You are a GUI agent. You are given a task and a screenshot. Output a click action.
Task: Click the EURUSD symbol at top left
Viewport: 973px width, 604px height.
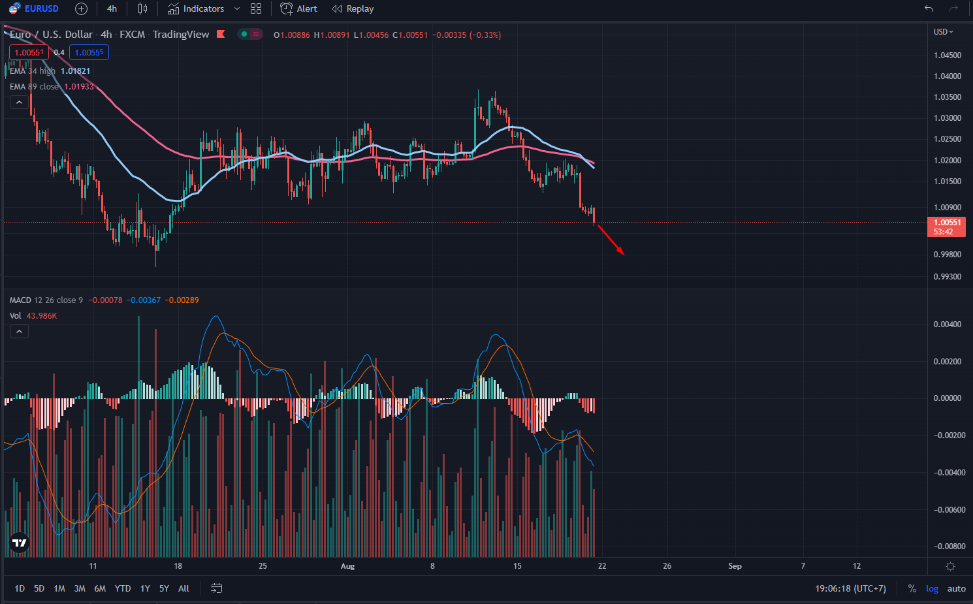coord(41,8)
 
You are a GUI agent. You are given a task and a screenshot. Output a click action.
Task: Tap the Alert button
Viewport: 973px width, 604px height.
coord(299,8)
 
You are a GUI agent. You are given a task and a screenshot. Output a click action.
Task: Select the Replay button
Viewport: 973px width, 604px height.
coord(353,8)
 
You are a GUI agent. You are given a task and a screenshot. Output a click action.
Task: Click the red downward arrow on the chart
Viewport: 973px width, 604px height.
coord(611,240)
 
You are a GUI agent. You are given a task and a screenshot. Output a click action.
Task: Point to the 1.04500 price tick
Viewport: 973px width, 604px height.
coord(948,56)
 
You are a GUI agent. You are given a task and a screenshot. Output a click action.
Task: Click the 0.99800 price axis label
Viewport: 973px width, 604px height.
coord(948,255)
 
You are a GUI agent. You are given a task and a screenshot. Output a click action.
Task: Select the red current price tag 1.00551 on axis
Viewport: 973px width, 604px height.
coord(947,223)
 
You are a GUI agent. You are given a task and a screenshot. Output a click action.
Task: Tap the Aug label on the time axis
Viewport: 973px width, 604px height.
coord(347,566)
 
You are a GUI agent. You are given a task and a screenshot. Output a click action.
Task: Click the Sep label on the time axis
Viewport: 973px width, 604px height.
coord(735,566)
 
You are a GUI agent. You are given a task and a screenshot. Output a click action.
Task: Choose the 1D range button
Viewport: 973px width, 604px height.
coord(20,588)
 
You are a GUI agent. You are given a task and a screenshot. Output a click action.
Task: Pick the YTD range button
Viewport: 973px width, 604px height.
coord(123,588)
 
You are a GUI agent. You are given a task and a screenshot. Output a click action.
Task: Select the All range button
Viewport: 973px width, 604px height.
coord(183,588)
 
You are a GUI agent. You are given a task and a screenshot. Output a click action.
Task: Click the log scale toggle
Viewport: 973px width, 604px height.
coord(932,588)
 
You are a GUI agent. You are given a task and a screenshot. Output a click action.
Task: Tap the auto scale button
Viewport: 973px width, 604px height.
coord(957,588)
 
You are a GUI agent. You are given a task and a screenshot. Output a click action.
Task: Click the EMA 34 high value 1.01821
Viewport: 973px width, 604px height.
coord(76,71)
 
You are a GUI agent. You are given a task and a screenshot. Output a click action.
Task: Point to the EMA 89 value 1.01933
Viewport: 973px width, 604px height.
coord(79,87)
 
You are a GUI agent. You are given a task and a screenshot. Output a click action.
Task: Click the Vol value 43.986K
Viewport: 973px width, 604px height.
coord(42,316)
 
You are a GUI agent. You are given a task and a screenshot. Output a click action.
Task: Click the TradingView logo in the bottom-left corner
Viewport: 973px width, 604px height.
coord(20,543)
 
